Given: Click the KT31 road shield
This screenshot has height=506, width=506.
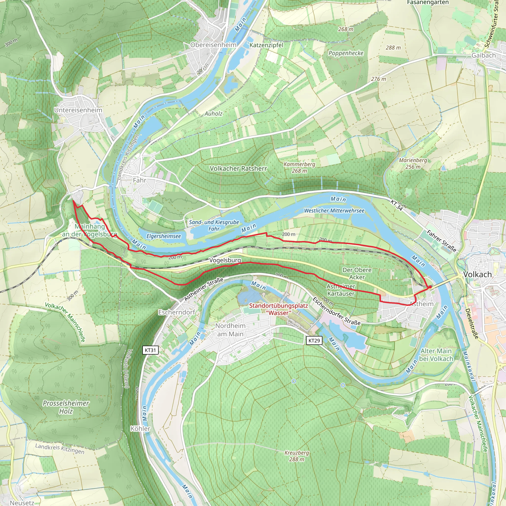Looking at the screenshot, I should coord(150,350).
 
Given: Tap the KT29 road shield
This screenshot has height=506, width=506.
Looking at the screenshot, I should coord(314,340).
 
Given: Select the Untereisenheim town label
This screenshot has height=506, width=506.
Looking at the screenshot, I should coord(78,110).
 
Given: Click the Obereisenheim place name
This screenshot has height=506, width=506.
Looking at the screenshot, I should coord(213,45).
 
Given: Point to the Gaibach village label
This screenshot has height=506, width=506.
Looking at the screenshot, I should coord(484,55).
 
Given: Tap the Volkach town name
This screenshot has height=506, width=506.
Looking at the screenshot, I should coord(477,274).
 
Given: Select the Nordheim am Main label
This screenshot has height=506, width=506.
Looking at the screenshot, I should coord(231,330).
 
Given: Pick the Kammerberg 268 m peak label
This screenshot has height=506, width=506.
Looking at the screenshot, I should coord(299,167).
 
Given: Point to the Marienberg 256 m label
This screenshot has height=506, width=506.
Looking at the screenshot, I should coord(413,163).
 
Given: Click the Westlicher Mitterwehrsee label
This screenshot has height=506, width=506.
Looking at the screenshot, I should coord(334,211).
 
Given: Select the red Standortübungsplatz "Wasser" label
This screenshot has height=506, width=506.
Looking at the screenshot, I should coord(278,309).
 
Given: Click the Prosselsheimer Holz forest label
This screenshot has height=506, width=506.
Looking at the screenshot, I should coord(66,407).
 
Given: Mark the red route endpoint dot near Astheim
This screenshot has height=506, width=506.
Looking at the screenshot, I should coord(430,287).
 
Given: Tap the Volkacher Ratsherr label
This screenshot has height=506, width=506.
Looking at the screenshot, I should coord(238,169).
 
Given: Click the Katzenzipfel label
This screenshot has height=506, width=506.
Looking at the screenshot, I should coord(266,45).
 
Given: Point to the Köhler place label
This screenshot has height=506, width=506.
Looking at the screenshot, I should coord(140,429).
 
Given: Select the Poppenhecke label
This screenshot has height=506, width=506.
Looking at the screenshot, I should coord(346,53).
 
